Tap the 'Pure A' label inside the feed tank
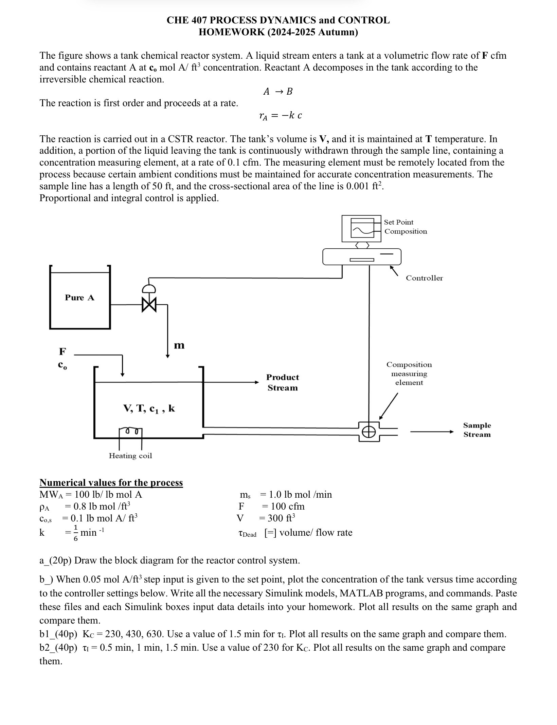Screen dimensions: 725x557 pyautogui.click(x=79, y=298)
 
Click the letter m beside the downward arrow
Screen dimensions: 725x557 pyautogui.click(x=179, y=345)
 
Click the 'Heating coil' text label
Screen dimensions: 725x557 pyautogui.click(x=130, y=456)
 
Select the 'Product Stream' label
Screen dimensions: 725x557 pyautogui.click(x=282, y=382)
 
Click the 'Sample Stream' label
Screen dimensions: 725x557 pyautogui.click(x=477, y=430)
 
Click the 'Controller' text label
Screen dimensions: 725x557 pyautogui.click(x=424, y=278)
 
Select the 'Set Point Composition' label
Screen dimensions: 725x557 pyautogui.click(x=405, y=227)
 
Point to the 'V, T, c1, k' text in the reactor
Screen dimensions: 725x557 pyautogui.click(x=149, y=408)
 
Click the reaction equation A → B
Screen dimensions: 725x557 pyautogui.click(x=278, y=91)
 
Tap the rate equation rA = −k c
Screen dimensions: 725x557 pyautogui.click(x=280, y=116)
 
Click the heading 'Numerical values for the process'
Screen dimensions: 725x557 pyautogui.click(x=111, y=482)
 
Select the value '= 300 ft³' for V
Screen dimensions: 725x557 pyautogui.click(x=277, y=518)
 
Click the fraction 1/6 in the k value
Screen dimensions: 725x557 pyautogui.click(x=75, y=533)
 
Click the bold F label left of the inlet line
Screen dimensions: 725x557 pyautogui.click(x=62, y=351)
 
